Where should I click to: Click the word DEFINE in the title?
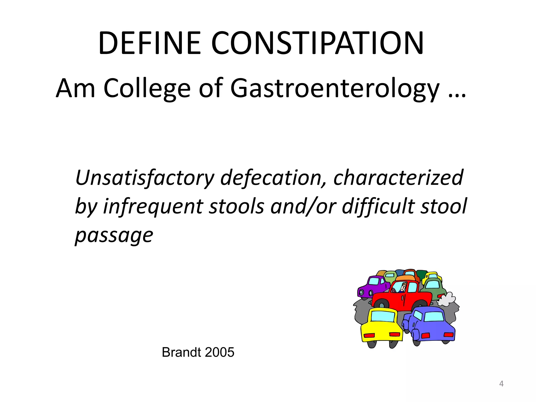pyautogui.click(x=149, y=43)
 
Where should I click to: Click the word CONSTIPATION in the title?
pyautogui.click(x=317, y=43)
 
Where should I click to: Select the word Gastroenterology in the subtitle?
pyautogui.click(x=335, y=88)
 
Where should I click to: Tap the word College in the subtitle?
pyautogui.click(x=147, y=88)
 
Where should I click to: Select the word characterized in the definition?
pyautogui.click(x=398, y=177)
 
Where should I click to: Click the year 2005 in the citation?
pyautogui.click(x=220, y=352)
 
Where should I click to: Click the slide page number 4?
pyautogui.click(x=501, y=384)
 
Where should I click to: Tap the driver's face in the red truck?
pyautogui.click(x=403, y=287)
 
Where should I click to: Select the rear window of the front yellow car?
pyautogui.click(x=383, y=317)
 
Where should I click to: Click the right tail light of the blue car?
pyautogui.click(x=448, y=334)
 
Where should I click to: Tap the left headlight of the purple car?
pyautogui.click(x=361, y=292)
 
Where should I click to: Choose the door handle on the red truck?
pyautogui.click(x=403, y=298)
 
